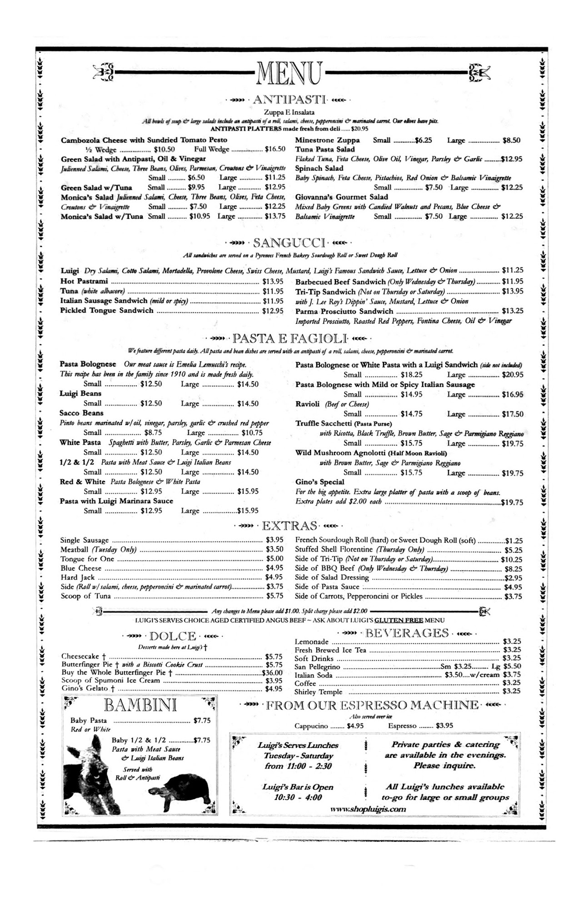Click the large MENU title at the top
[x=290, y=72]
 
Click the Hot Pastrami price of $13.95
[x=273, y=281]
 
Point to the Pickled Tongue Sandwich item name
[x=107, y=311]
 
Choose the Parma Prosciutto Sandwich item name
[x=344, y=311]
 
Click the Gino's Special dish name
[x=319, y=482]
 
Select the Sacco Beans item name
[x=81, y=413]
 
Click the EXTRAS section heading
[x=289, y=526]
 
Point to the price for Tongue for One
[x=274, y=559]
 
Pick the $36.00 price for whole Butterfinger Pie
[x=272, y=673]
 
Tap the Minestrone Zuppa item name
[x=327, y=140]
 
